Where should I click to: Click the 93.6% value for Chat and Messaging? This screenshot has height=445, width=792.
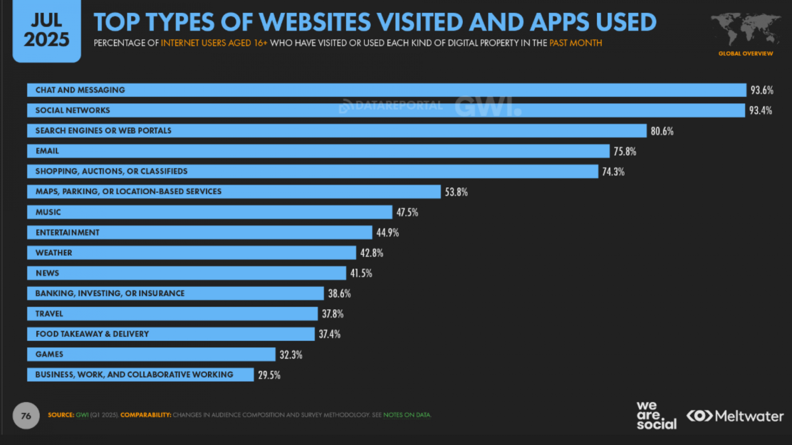[761, 90]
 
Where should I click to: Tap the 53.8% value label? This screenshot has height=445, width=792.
[456, 192]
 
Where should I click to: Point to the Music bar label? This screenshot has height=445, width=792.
[48, 212]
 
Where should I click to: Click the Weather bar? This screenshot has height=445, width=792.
[191, 253]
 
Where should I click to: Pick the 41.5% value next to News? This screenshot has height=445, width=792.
[361, 273]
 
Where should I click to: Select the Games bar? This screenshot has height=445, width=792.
[151, 354]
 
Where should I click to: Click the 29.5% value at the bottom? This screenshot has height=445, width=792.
[269, 375]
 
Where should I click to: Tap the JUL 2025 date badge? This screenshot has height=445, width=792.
[47, 31]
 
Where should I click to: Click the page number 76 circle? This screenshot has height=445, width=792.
[26, 416]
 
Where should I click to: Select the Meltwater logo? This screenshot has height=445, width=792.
[735, 416]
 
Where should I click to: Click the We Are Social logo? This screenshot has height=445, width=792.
[656, 415]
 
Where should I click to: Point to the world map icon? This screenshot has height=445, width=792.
[745, 29]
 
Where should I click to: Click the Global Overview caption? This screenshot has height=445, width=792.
[745, 53]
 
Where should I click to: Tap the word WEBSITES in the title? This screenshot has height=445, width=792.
[314, 22]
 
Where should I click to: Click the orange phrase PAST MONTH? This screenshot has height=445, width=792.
[575, 43]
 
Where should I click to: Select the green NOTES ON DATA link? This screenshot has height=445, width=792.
[407, 415]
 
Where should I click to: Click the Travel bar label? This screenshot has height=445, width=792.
[49, 313]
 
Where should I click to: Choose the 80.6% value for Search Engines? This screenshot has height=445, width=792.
[662, 131]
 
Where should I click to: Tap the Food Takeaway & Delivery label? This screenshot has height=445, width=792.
[92, 334]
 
